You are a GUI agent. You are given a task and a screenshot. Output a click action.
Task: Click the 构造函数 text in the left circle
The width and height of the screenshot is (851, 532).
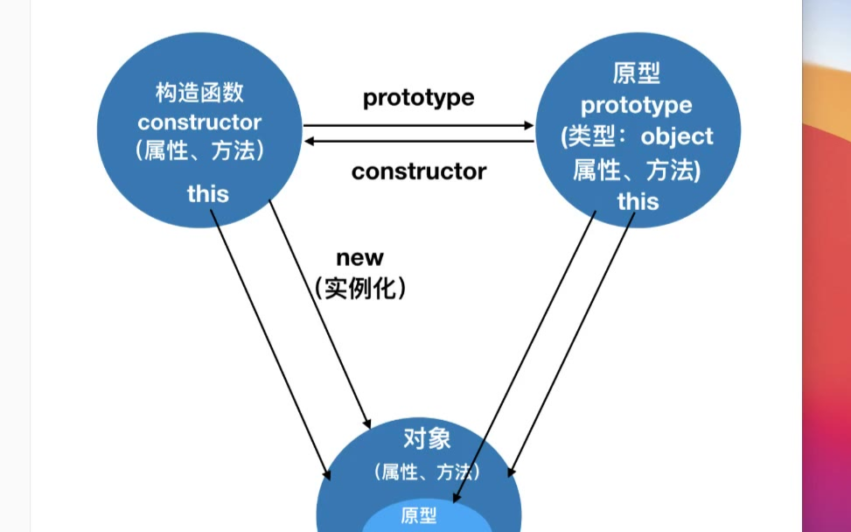(199, 93)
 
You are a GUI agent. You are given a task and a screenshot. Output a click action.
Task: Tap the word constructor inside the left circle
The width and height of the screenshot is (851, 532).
(199, 122)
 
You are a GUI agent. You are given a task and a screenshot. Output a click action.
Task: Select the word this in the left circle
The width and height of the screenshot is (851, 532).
(207, 193)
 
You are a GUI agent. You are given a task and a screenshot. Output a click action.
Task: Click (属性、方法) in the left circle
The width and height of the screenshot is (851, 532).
(199, 150)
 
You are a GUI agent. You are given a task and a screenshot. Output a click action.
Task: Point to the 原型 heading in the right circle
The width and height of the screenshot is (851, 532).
(637, 73)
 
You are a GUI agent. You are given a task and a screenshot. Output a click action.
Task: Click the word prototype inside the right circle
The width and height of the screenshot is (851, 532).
(637, 105)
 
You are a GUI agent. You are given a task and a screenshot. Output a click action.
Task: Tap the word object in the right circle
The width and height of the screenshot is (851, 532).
(677, 136)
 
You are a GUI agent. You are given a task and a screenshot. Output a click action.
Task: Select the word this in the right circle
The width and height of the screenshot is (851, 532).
(638, 201)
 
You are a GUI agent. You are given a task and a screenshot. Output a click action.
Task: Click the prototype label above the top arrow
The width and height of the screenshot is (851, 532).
(418, 97)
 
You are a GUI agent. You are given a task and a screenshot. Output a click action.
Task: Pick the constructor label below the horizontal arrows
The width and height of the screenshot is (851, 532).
(418, 171)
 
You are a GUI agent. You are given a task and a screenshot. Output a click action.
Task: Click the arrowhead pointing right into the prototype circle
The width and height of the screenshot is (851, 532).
(528, 126)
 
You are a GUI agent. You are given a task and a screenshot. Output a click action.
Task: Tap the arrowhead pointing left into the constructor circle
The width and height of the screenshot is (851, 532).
(309, 140)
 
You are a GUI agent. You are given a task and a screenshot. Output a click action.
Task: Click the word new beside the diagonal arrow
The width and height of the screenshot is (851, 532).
(359, 257)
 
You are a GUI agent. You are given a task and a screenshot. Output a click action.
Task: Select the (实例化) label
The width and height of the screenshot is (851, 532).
(359, 288)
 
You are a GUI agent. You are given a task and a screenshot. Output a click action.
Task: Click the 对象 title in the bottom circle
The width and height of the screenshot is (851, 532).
(427, 437)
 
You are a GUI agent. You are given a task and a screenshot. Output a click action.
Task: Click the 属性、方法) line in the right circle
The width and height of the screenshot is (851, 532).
(637, 170)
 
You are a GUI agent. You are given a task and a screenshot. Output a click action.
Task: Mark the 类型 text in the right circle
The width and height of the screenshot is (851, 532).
(595, 136)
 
